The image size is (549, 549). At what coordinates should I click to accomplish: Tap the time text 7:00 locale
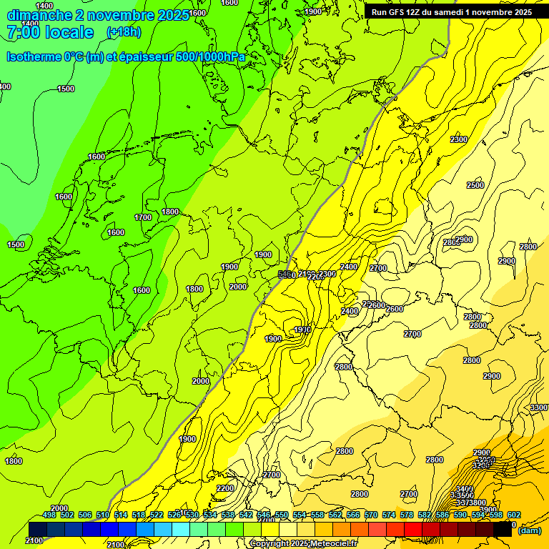[50, 32]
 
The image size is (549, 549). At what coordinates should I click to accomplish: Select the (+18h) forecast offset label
[124, 32]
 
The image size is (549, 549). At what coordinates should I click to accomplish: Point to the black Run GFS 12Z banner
[451, 12]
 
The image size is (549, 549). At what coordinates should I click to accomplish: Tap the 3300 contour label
[539, 407]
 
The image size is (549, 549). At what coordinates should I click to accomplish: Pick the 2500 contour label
[475, 185]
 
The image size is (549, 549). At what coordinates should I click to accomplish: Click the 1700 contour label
[143, 217]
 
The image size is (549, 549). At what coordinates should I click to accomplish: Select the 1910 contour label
[302, 330]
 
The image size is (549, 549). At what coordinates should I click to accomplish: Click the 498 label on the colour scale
[49, 515]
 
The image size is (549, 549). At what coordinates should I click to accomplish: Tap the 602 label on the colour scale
[514, 515]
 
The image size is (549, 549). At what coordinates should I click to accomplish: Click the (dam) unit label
[529, 530]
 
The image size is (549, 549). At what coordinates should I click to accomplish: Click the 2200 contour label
[225, 488]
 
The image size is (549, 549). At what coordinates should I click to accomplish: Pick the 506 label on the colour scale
[85, 515]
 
